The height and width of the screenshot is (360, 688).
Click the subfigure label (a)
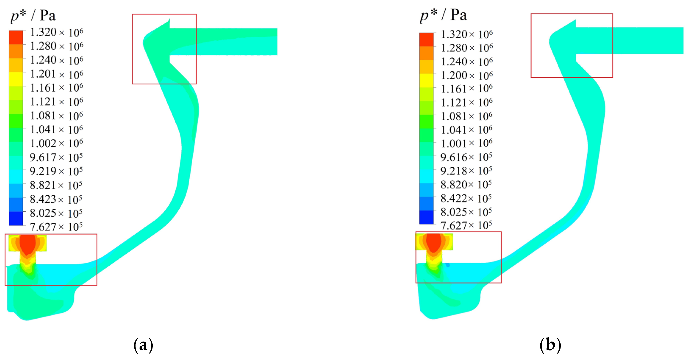[x=143, y=345]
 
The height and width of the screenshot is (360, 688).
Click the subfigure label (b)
[x=550, y=345]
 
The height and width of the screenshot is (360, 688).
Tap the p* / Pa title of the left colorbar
[x=33, y=15]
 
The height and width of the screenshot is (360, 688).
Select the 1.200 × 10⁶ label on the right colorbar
[x=467, y=75]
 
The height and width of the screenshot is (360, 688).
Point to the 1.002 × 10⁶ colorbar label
[x=56, y=143]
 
